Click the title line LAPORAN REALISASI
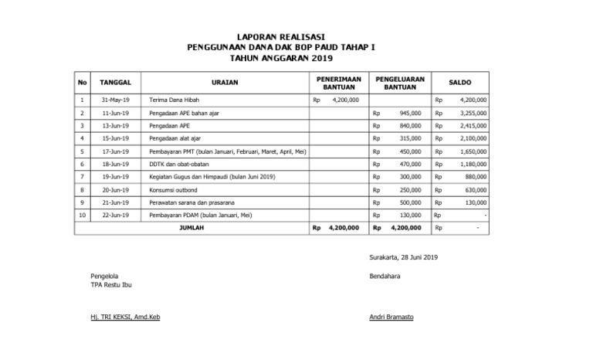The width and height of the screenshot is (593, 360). (296, 36)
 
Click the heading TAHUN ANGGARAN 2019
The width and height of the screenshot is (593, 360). (296, 58)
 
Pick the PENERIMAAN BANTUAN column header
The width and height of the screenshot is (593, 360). (339, 82)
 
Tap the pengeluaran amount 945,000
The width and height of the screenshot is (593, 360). (410, 113)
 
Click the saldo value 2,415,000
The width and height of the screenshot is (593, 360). (472, 125)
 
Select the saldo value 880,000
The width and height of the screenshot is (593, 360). (475, 177)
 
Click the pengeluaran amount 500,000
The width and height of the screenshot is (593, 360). (410, 202)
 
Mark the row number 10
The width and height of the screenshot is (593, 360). (82, 216)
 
